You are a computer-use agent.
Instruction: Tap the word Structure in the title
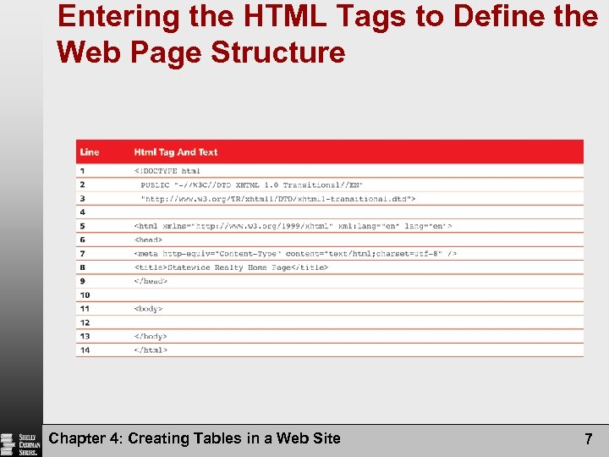278,52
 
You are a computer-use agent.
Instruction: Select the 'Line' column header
90,152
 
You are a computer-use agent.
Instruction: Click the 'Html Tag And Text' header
175,152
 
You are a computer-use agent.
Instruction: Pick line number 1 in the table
83,171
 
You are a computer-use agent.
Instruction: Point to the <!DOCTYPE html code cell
167,171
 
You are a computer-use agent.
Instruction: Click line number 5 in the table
83,226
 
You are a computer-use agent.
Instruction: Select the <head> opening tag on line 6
148,240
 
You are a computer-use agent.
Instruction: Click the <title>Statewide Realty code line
231,267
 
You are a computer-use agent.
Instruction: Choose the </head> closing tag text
151,281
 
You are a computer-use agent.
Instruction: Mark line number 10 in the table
85,295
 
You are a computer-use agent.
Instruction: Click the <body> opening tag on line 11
148,309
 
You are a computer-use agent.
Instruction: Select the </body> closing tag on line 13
151,336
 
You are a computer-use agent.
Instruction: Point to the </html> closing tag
151,350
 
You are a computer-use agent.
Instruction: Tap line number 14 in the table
85,350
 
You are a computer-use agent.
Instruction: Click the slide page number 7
588,438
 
